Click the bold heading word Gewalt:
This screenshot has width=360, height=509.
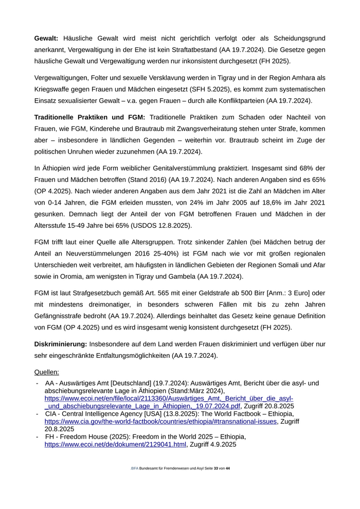point(46,38)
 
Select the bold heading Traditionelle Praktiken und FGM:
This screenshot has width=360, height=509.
point(89,117)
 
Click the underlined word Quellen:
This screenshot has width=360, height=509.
point(47,372)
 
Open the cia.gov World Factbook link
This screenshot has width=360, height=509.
point(161,421)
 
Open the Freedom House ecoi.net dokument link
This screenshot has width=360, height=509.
point(115,444)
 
